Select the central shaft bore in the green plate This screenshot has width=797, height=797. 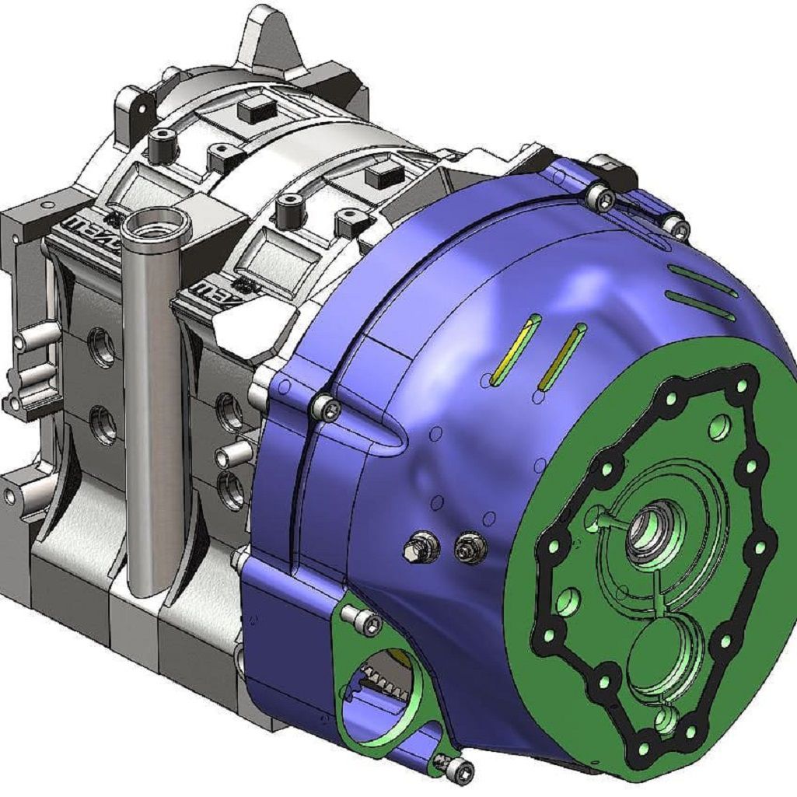(645, 536)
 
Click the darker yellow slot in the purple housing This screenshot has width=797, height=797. (562, 357)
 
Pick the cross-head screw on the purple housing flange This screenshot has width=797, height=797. (327, 407)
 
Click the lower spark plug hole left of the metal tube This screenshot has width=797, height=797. (102, 425)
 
